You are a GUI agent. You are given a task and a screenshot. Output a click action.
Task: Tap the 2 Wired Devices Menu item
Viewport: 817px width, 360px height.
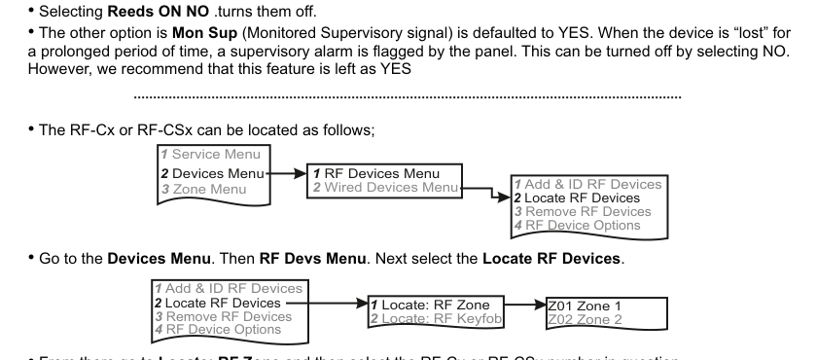coord(387,187)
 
